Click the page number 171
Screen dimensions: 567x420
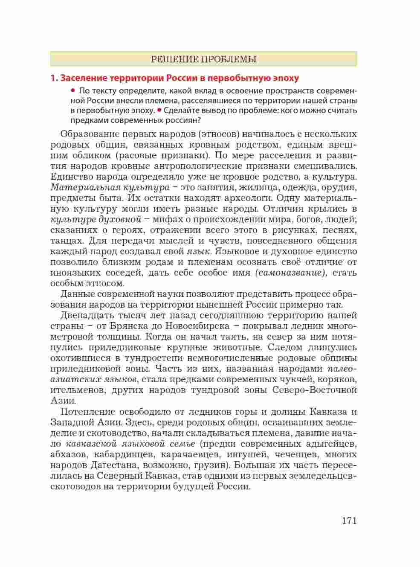click(348, 520)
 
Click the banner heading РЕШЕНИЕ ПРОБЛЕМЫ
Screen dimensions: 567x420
click(203, 59)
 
